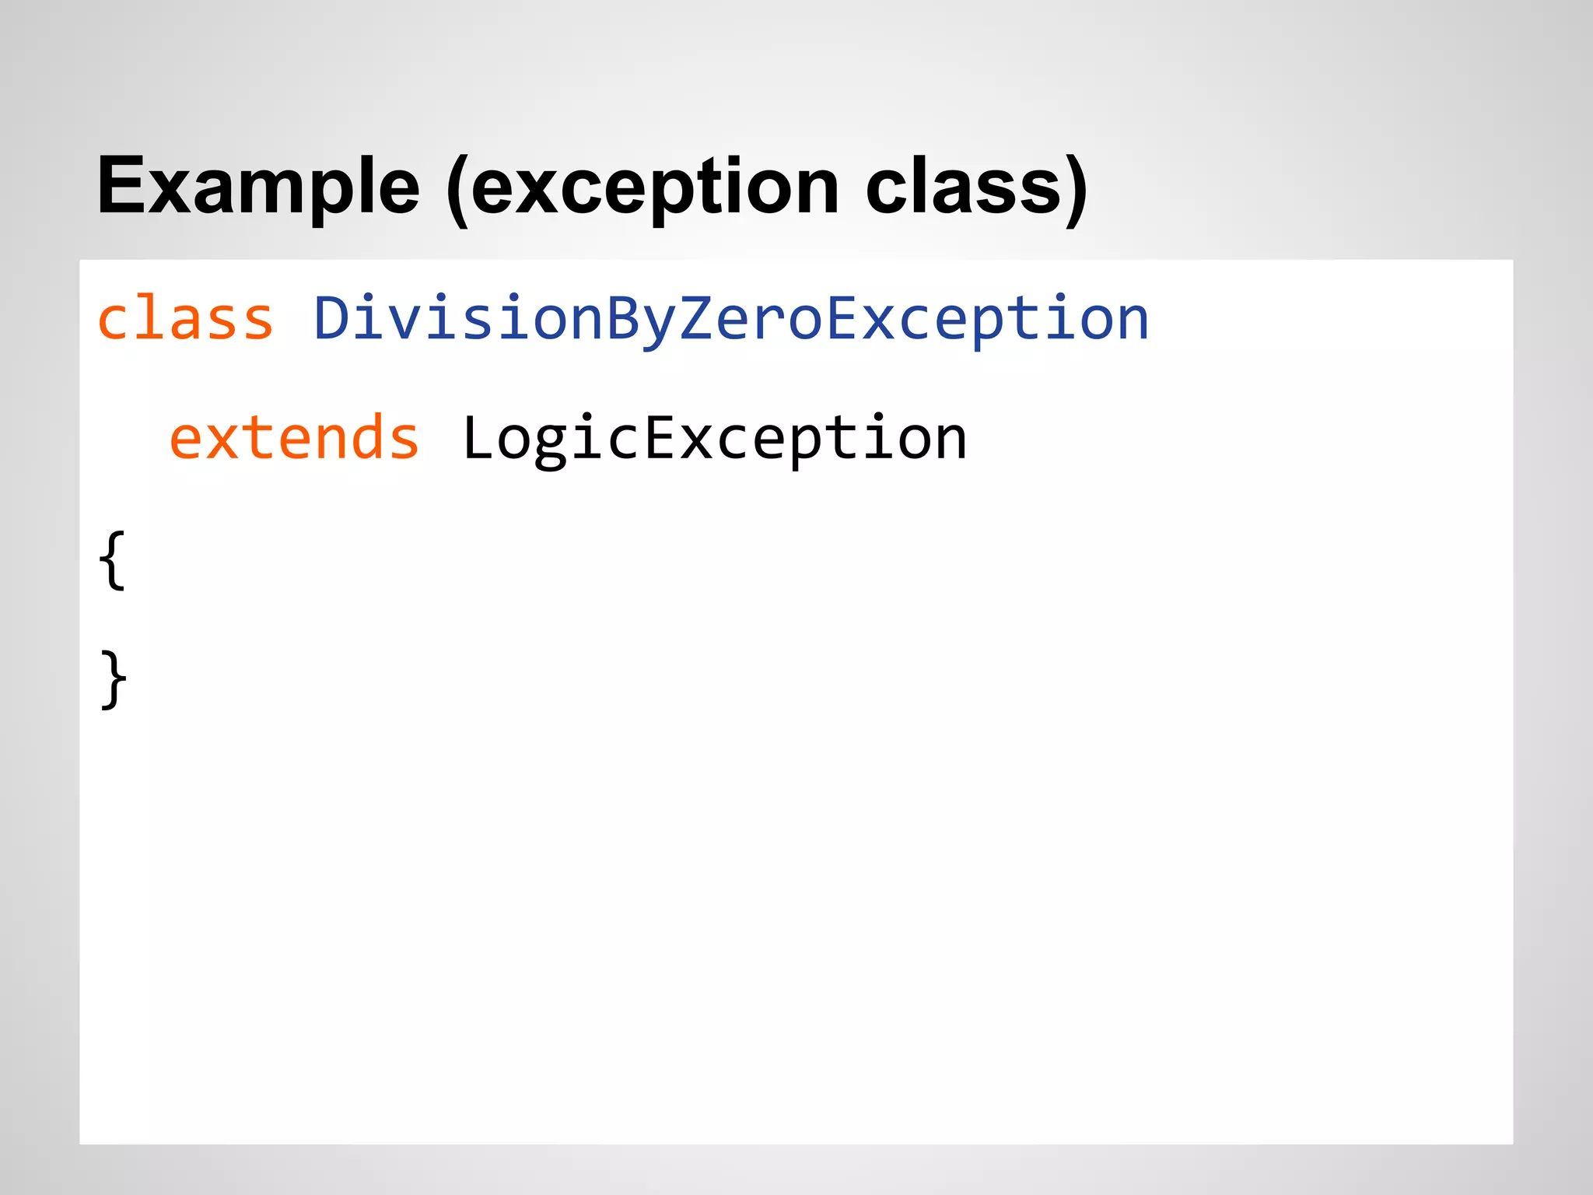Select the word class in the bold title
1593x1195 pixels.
point(964,187)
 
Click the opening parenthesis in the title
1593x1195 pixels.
point(457,190)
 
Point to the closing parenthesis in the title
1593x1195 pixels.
point(1076,190)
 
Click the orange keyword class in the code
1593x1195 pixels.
point(185,319)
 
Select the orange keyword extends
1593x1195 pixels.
point(294,439)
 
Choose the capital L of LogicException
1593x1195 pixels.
point(477,438)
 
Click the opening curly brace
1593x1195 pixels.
point(113,560)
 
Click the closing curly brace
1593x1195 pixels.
point(114,679)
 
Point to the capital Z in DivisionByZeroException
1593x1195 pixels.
point(695,318)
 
